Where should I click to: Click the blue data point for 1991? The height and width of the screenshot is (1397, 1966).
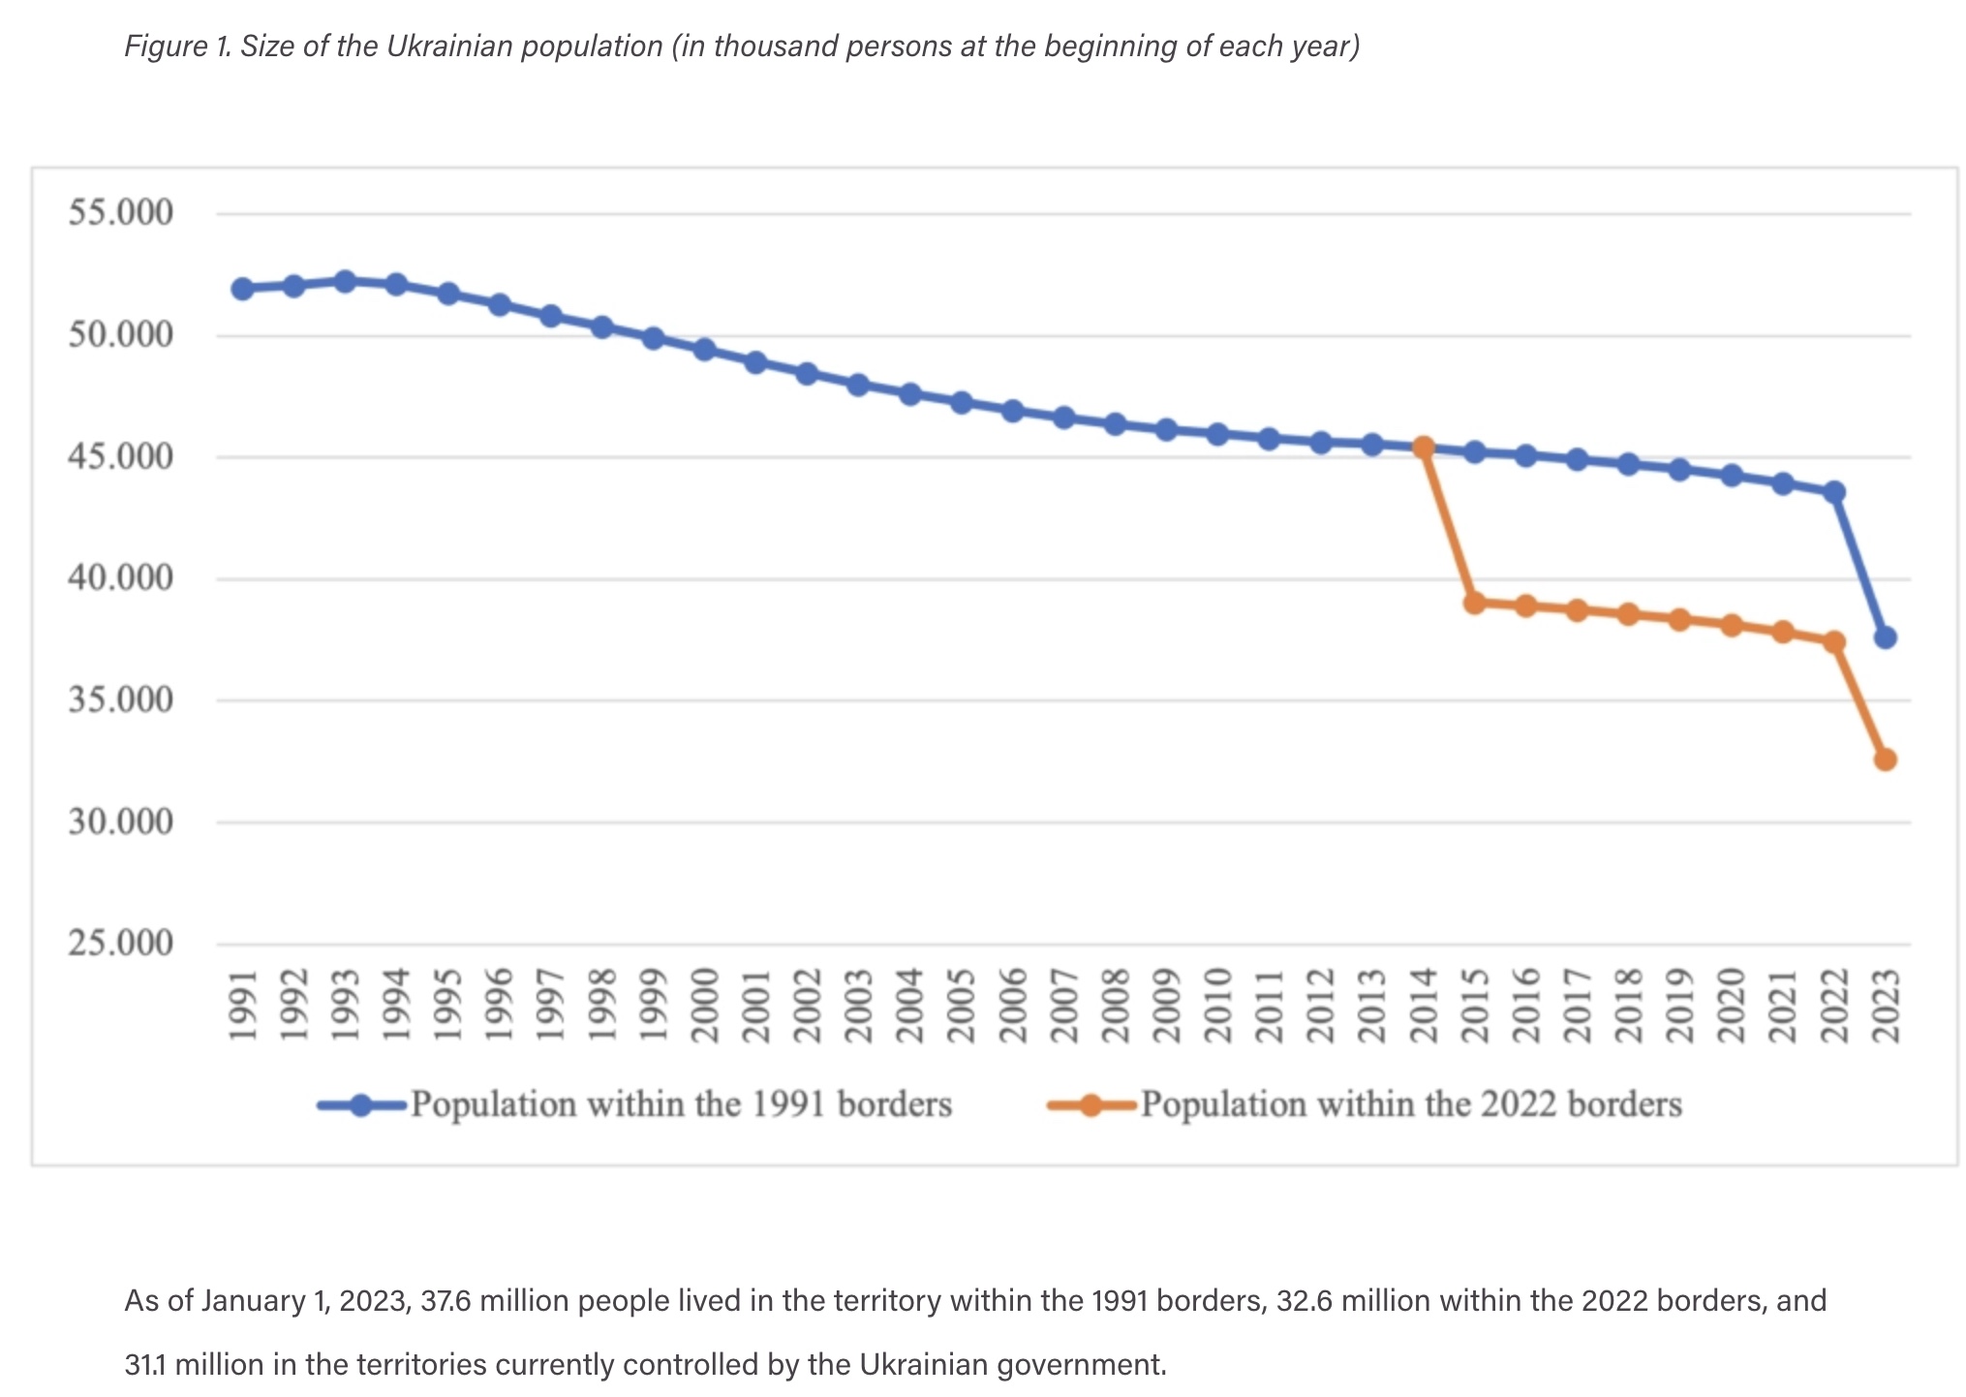242,289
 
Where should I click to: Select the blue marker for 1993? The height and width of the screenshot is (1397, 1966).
345,281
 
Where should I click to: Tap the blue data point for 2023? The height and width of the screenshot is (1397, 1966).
1885,637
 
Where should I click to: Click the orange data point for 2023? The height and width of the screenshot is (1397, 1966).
1885,760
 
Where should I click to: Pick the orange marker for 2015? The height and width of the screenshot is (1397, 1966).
1475,603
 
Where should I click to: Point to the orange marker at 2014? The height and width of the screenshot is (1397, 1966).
1424,448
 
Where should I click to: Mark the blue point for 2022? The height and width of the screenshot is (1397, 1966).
1833,492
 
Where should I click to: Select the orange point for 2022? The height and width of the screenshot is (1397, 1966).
1833,641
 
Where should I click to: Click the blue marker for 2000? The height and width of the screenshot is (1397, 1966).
704,350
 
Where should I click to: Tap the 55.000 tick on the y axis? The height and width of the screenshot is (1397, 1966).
121,212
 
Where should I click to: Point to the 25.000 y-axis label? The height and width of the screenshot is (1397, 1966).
121,943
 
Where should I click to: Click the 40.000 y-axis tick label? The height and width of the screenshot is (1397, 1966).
121,578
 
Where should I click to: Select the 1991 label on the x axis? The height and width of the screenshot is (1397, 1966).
242,1005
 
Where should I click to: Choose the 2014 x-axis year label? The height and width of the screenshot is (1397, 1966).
1424,1005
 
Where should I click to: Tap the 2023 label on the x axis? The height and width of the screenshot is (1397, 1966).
1885,1005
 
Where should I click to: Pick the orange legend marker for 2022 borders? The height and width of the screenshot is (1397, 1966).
1091,1105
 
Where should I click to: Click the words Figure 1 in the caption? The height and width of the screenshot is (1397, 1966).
177,46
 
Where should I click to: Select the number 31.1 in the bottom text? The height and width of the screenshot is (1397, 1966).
145,1364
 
